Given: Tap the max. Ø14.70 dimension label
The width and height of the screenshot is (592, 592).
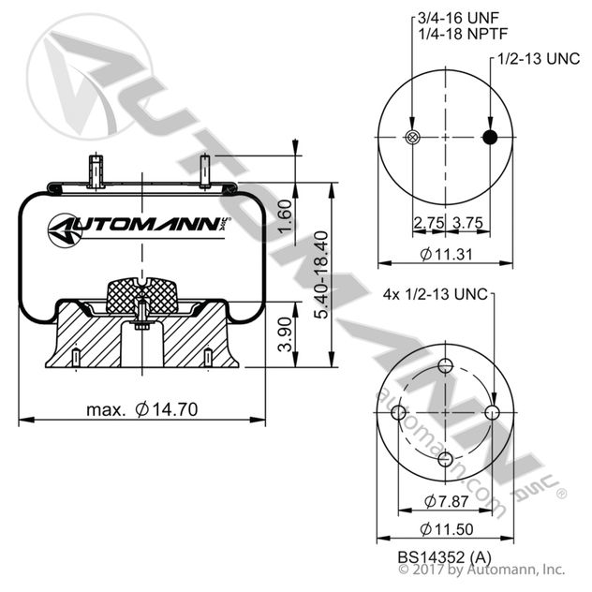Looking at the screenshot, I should (x=141, y=408).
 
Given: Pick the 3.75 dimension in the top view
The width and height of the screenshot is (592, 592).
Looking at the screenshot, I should (x=466, y=224).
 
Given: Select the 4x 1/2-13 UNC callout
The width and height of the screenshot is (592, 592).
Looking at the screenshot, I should (x=437, y=294).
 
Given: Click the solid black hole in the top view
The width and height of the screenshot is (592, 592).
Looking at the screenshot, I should (x=489, y=139).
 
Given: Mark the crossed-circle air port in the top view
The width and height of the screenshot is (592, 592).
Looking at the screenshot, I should (x=411, y=139).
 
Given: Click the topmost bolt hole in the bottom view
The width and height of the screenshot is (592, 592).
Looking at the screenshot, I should (x=446, y=366).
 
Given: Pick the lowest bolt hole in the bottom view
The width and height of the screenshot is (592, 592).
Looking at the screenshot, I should (x=446, y=457).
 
